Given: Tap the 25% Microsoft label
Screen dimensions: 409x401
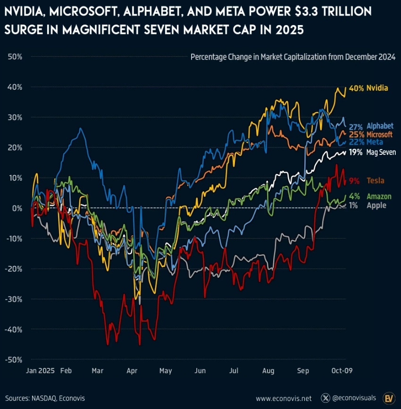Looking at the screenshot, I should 370,134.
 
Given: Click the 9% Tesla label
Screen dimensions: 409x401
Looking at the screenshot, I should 367,180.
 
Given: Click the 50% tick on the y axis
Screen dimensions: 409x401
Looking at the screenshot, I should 16,57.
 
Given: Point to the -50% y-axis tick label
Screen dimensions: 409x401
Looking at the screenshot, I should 14,359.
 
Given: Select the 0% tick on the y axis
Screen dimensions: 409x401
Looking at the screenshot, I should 17,208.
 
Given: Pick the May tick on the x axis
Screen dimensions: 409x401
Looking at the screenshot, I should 166,371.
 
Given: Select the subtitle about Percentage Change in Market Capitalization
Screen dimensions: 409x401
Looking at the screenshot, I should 292,57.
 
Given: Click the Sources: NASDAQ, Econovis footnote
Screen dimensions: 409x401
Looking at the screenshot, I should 45,398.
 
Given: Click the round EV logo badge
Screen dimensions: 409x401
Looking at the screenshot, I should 389,398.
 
